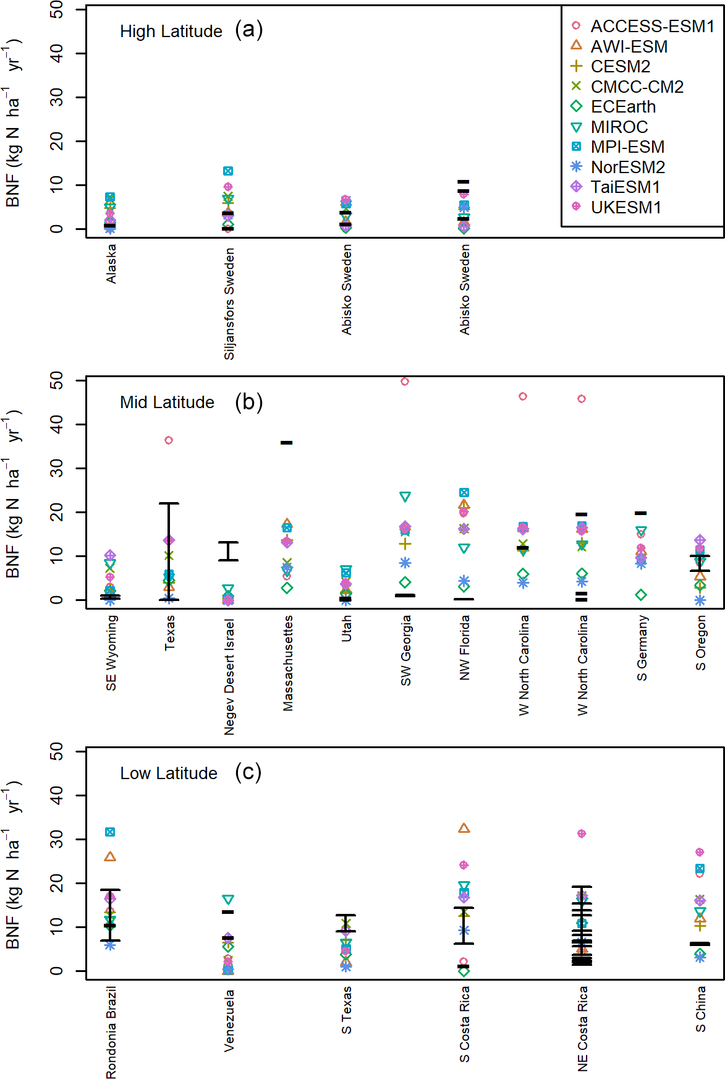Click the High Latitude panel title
(x=171, y=32)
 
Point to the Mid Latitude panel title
(x=167, y=403)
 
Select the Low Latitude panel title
(x=168, y=774)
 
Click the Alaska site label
(x=111, y=264)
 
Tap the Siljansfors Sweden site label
(x=229, y=304)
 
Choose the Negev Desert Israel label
(x=229, y=676)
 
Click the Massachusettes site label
(x=288, y=663)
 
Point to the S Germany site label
(x=642, y=648)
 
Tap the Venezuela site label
(x=229, y=1021)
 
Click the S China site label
(x=700, y=1009)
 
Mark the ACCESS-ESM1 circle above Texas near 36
(x=169, y=440)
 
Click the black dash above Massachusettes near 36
(x=287, y=443)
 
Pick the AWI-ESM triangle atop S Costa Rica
(x=464, y=828)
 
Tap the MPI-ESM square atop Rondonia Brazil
(x=110, y=832)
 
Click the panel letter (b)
(x=248, y=402)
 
